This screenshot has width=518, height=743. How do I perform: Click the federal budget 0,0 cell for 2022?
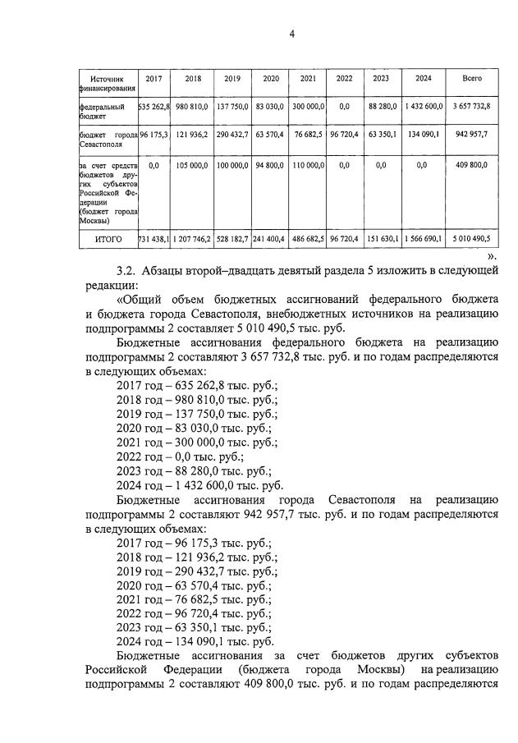[344, 106]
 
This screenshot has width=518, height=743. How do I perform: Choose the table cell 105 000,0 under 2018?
[193, 165]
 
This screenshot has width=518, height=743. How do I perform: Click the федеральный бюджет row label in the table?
[103, 111]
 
